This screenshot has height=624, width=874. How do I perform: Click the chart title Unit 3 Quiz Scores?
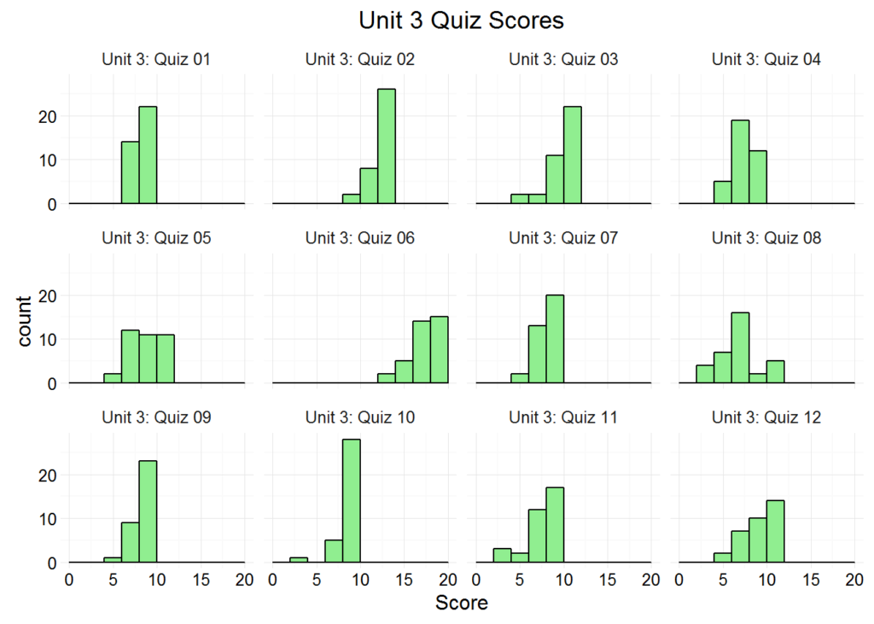point(461,20)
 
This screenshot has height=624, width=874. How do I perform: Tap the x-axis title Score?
point(462,603)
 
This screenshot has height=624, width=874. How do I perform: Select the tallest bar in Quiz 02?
point(386,147)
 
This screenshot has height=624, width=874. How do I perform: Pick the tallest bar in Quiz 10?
point(351,501)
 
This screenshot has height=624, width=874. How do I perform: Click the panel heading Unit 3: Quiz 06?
point(360,238)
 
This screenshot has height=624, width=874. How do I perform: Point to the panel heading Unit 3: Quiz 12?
point(766,417)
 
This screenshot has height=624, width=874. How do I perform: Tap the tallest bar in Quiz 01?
point(148,155)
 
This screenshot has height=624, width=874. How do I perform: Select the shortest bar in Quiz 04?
point(723,193)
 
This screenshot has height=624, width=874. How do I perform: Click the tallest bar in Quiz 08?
point(740,348)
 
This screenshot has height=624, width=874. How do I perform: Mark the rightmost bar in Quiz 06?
point(439,350)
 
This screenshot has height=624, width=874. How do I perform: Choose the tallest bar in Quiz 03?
point(572,155)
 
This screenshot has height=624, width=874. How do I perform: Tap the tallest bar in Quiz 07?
point(555,340)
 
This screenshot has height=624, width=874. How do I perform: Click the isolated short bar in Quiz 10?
point(299,561)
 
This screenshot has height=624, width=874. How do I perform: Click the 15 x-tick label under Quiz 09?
point(201,580)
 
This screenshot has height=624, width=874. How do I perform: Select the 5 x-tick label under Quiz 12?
point(723,580)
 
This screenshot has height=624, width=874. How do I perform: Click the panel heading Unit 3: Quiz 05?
point(156,238)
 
